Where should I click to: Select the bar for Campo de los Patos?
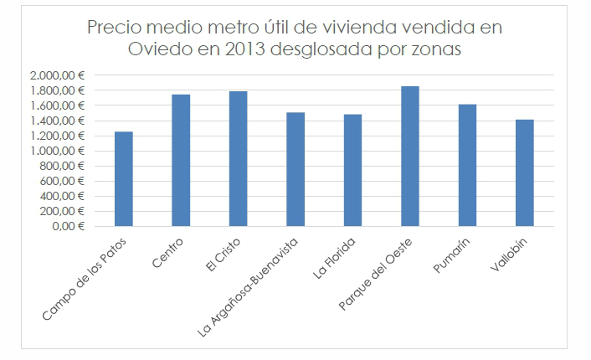124,178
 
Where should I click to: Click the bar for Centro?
181,160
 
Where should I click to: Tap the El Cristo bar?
239,158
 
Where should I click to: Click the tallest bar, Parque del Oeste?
410,156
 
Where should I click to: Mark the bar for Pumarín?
467,165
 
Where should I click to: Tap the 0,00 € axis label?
69,226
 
